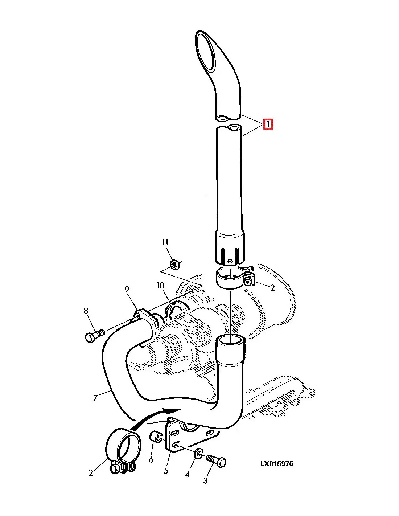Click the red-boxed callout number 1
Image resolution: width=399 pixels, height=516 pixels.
point(268,124)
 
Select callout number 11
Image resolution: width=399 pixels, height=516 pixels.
point(165,242)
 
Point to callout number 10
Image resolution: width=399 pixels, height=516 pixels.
point(161,286)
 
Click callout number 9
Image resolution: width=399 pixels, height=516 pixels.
point(127,290)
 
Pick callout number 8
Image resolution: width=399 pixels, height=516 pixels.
point(86,311)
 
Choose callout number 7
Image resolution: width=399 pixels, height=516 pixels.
point(95,397)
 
